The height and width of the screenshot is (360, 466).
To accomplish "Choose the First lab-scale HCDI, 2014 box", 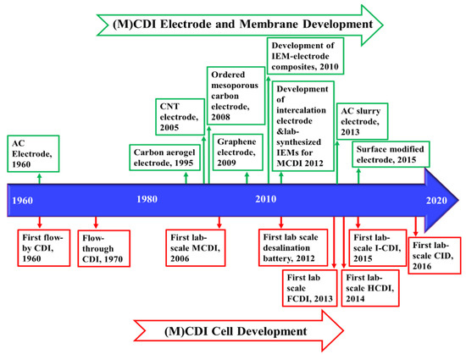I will click(x=369, y=287).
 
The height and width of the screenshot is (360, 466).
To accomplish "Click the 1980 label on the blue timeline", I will click(x=147, y=199).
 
